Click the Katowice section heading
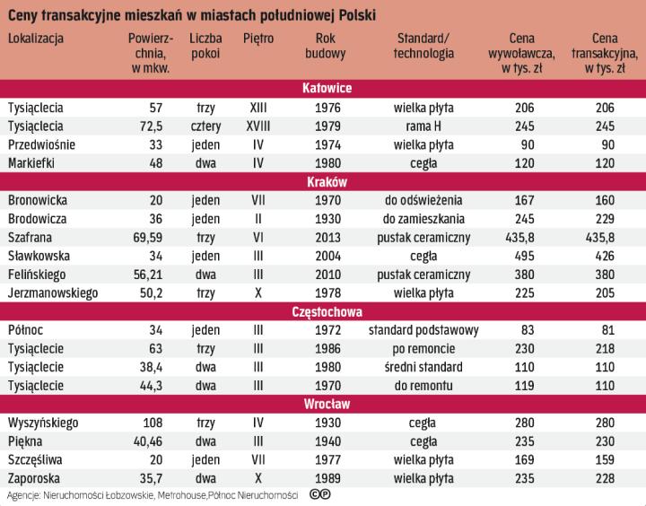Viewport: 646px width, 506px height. click(x=327, y=88)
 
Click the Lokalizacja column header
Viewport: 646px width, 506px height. click(x=35, y=39)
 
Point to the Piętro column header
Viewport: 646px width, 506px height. click(x=258, y=39)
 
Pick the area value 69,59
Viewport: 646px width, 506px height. click(x=145, y=237)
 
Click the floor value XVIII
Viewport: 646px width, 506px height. click(x=258, y=126)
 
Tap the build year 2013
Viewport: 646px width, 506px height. click(x=327, y=237)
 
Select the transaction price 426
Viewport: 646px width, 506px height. click(x=612, y=256)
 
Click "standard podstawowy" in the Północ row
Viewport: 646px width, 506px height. click(x=423, y=329)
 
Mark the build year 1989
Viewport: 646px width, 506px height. click(x=327, y=478)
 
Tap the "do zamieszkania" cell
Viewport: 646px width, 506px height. click(x=423, y=218)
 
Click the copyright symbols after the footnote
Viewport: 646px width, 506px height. click(x=319, y=494)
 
